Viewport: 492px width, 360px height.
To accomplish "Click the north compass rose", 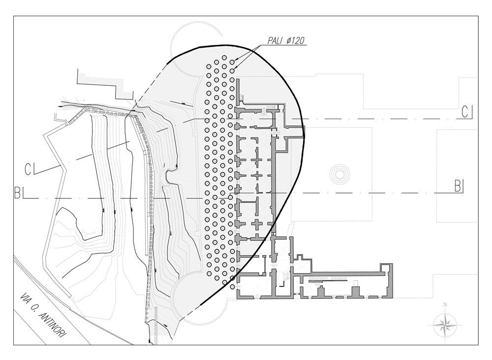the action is [x=445, y=325].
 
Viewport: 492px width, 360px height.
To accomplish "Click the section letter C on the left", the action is [x=29, y=170].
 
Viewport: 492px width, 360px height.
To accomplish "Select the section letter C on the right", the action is [x=465, y=112].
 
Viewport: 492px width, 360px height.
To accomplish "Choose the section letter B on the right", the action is [x=457, y=186].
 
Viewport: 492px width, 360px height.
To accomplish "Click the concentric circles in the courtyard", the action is [x=338, y=175].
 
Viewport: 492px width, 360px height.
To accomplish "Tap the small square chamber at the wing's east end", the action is [x=388, y=269].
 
